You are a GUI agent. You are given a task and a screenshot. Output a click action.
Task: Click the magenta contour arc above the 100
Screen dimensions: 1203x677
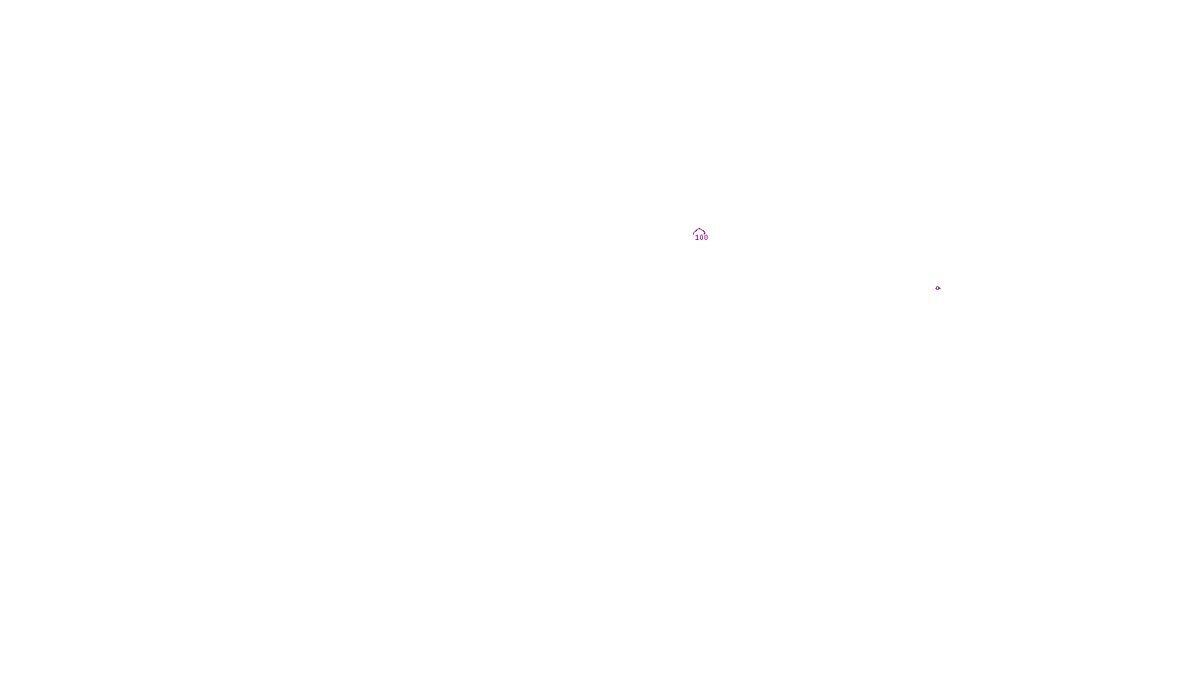point(699,230)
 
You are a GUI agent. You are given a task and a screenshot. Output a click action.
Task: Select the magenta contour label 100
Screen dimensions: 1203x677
point(701,238)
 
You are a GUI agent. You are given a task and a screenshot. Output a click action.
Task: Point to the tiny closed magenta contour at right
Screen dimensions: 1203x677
point(938,288)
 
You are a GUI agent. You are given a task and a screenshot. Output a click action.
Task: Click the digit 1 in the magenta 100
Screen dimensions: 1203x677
point(697,238)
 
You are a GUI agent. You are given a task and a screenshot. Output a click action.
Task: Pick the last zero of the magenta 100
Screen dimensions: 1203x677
point(706,238)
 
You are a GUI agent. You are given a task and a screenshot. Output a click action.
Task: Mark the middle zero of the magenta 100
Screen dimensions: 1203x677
point(701,238)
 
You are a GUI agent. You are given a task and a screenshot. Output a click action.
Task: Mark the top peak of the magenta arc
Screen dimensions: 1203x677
point(699,229)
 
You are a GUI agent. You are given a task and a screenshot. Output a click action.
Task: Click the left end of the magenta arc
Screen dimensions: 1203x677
point(693,234)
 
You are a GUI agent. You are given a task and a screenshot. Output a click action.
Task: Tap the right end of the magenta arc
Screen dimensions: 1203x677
point(705,233)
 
